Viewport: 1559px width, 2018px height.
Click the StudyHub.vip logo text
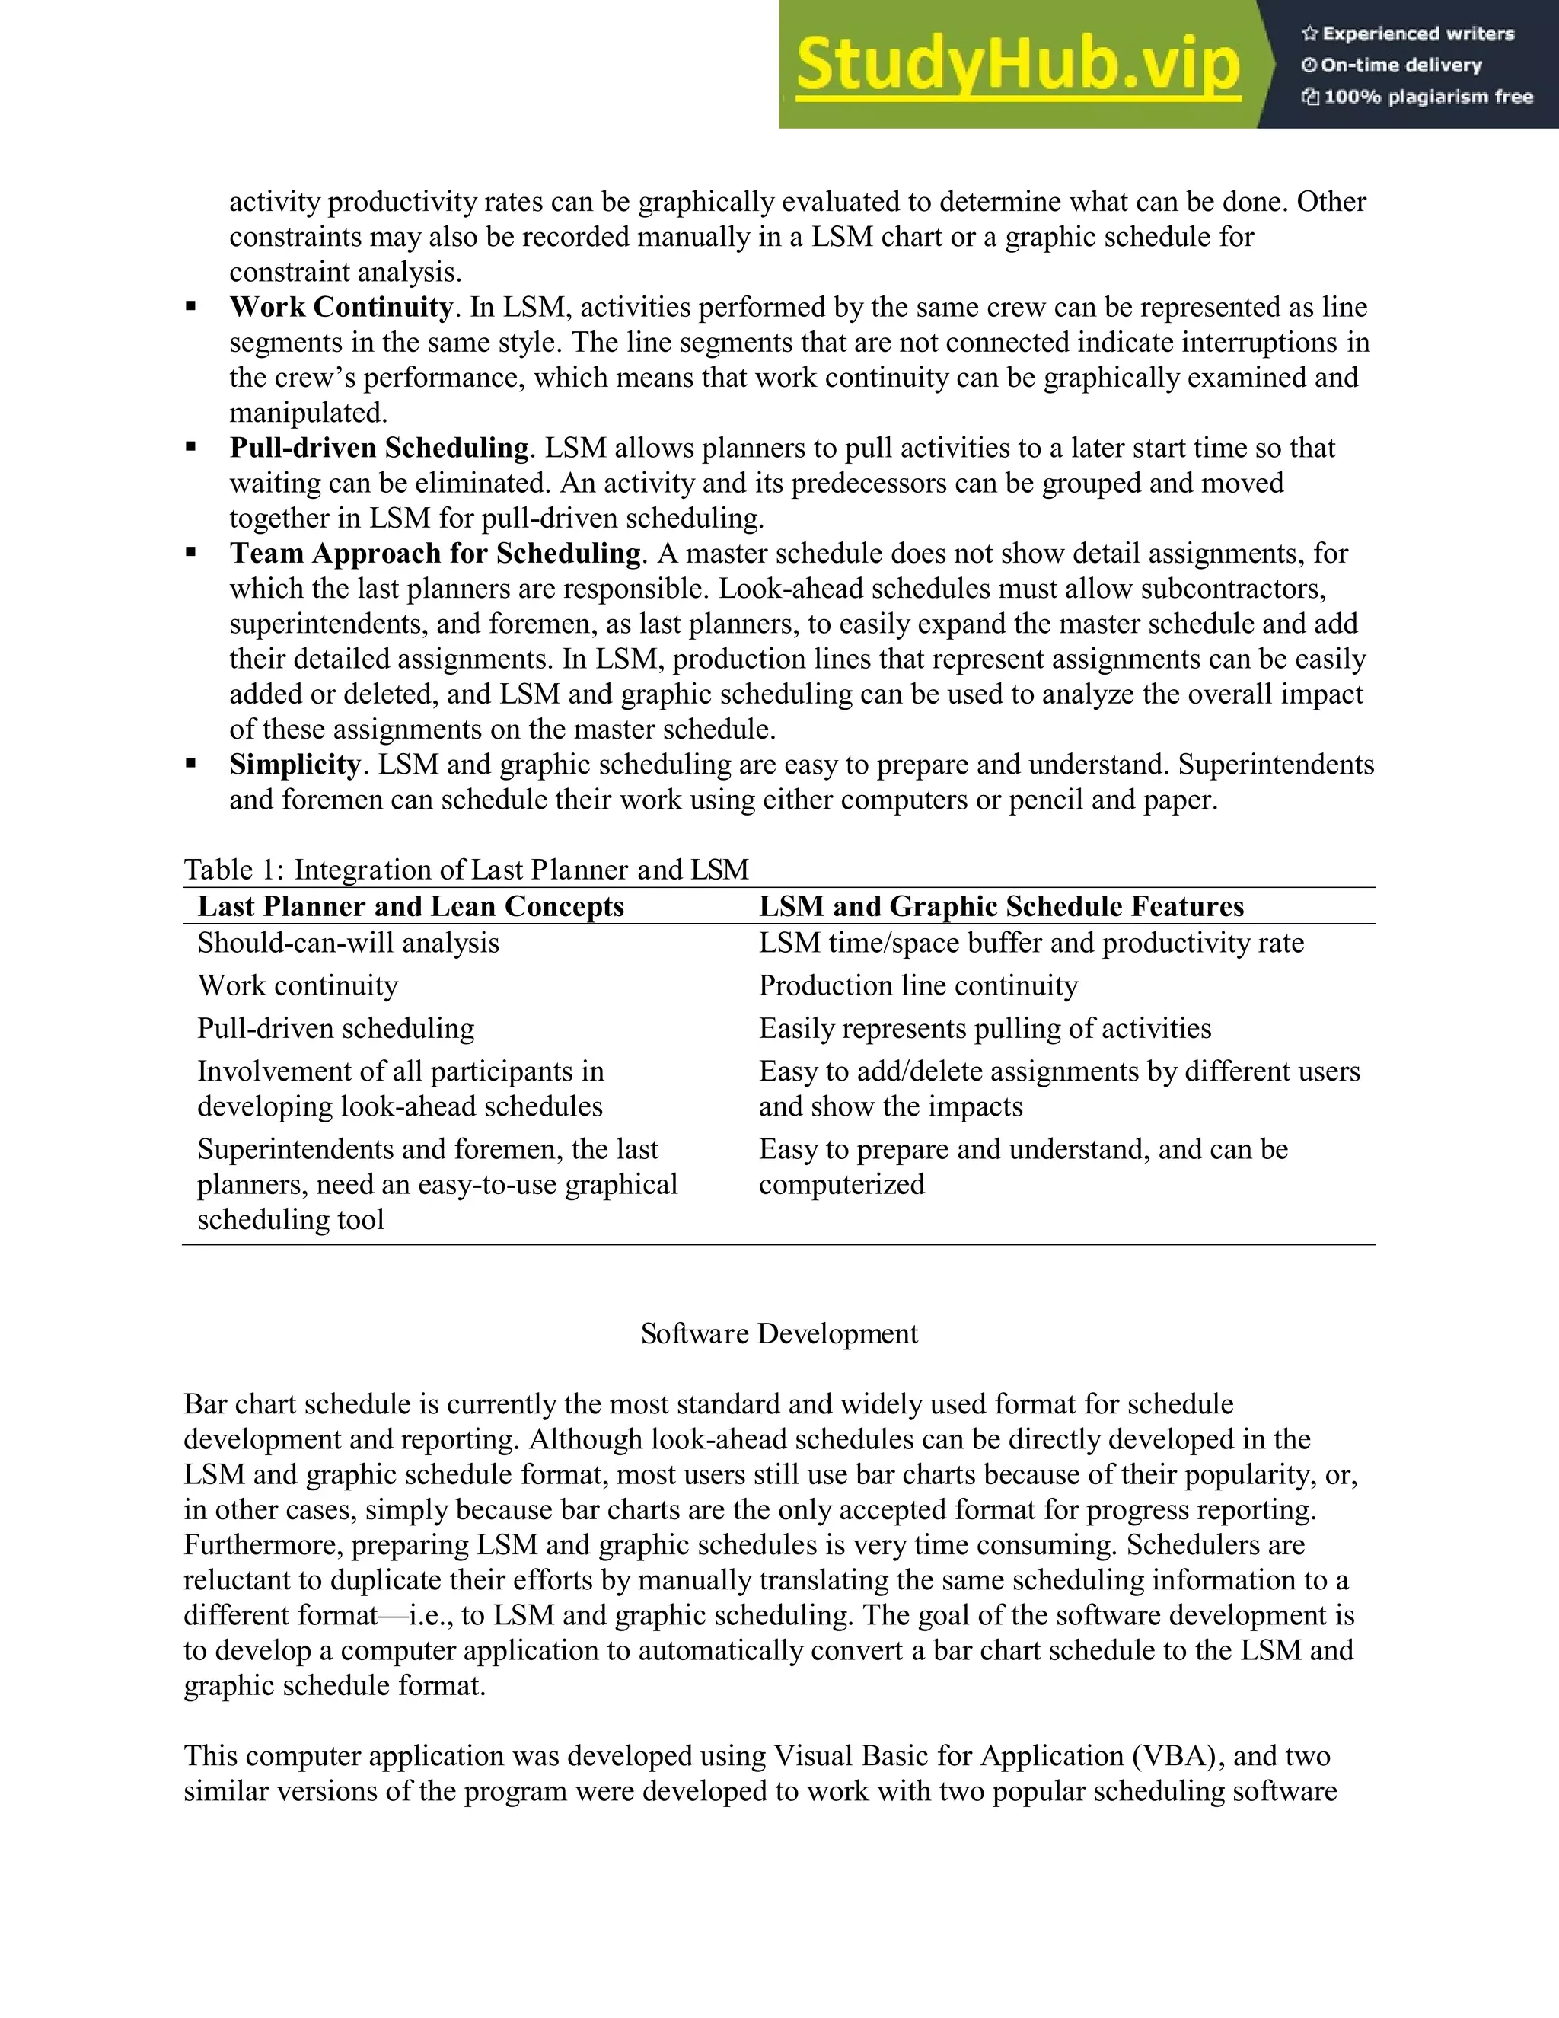tap(1018, 65)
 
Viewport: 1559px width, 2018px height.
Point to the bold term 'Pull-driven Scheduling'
tap(378, 448)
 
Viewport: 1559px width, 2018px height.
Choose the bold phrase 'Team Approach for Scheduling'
tap(435, 554)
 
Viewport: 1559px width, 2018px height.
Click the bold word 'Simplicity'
tap(295, 764)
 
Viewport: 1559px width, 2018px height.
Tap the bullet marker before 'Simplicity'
tap(191, 764)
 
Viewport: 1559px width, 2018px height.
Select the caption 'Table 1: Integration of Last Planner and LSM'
tap(465, 870)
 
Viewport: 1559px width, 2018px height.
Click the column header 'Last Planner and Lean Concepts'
tap(411, 906)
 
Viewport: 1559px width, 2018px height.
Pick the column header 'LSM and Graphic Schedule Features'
tap(1001, 906)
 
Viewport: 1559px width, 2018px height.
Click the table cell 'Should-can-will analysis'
tap(348, 944)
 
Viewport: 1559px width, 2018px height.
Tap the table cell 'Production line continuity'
tap(918, 986)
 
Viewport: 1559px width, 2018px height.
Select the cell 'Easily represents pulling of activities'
tap(984, 1028)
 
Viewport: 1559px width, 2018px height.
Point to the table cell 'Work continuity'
tap(298, 986)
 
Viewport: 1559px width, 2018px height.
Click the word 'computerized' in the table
tap(841, 1185)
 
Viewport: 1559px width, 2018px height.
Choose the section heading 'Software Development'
tap(779, 1333)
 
